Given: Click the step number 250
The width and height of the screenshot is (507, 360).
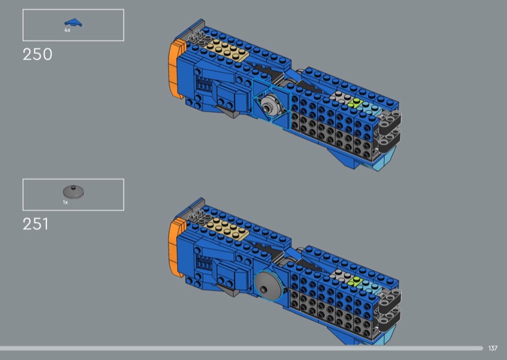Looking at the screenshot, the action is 37,55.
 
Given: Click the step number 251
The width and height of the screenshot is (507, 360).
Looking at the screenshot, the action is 35,224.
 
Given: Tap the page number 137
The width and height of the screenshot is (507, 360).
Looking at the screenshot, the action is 493,348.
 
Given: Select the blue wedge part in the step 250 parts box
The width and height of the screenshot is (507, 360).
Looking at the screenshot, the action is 73,23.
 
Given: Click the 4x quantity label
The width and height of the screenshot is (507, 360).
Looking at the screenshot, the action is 67,30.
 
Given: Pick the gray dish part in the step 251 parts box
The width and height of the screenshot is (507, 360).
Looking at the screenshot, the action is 74,191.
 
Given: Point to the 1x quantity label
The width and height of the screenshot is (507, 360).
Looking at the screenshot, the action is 65,202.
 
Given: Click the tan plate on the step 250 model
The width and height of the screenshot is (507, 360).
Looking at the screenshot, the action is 226,50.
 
